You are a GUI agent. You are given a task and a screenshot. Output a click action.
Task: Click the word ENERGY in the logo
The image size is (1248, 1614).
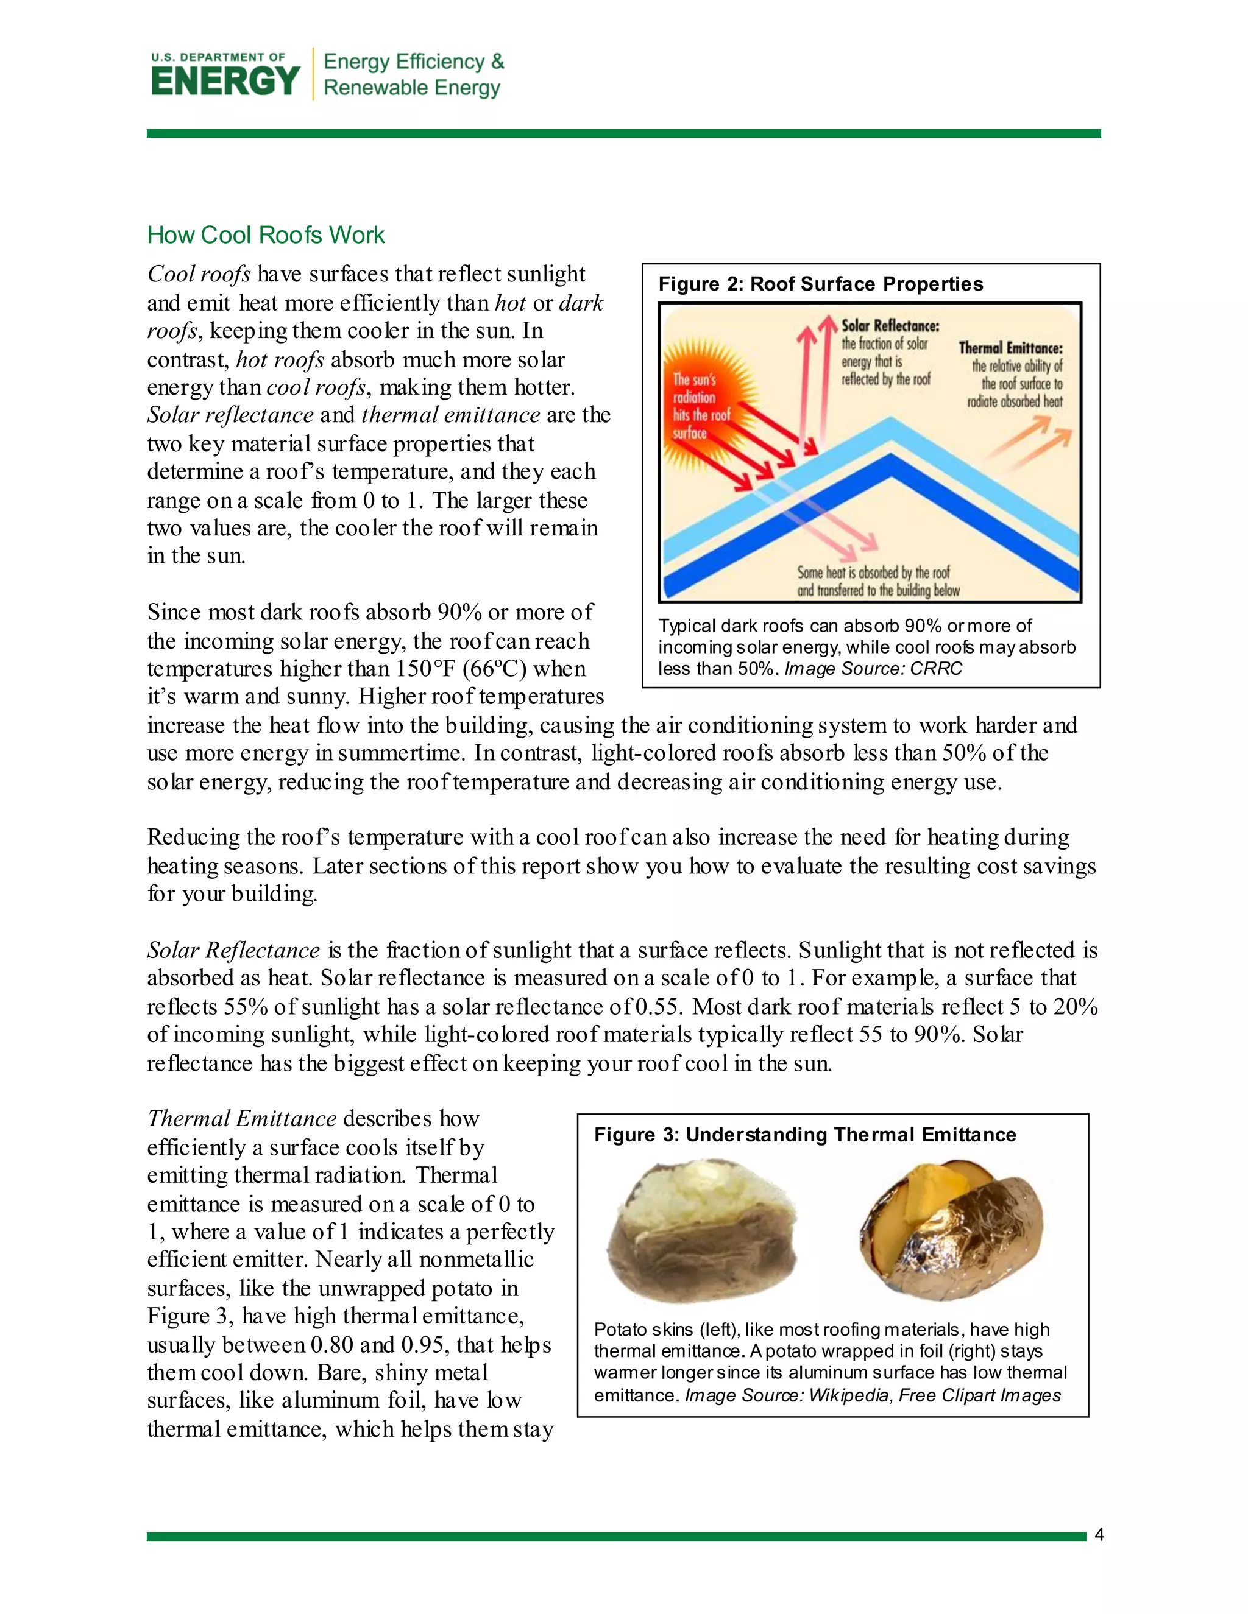click(225, 81)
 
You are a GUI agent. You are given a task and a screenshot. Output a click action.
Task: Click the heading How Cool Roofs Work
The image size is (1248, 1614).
click(266, 235)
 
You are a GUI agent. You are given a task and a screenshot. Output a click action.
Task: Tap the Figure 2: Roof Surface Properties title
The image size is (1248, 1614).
click(820, 284)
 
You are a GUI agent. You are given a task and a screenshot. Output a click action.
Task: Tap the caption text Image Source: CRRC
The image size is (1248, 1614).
click(873, 669)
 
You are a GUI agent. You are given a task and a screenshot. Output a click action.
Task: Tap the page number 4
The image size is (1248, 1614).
click(1099, 1535)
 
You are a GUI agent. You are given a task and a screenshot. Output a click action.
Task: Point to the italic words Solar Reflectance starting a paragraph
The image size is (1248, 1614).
click(233, 950)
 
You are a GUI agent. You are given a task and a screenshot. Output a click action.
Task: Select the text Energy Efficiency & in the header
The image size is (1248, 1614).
click(413, 62)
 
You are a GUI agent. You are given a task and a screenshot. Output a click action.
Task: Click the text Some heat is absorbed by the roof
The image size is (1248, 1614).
click(873, 573)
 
